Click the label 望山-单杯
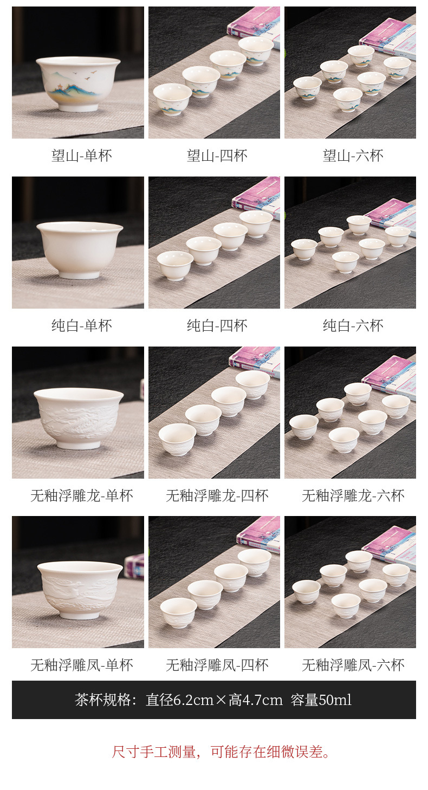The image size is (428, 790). point(81,155)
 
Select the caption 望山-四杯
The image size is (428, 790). point(217,155)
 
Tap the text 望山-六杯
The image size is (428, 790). point(353,155)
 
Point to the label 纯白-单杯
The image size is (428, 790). point(81,325)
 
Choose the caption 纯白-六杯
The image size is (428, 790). point(353,325)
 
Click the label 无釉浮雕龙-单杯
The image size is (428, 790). point(81,495)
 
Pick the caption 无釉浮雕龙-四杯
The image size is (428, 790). point(217,495)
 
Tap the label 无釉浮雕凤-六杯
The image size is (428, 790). point(353,665)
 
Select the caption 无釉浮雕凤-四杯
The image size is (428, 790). point(217,665)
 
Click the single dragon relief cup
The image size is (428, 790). point(79,418)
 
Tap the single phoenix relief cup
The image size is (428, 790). point(80,590)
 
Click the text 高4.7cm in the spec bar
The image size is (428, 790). point(256,700)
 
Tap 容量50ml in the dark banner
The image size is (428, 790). point(321,700)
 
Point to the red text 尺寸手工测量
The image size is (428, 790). point(154,752)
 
